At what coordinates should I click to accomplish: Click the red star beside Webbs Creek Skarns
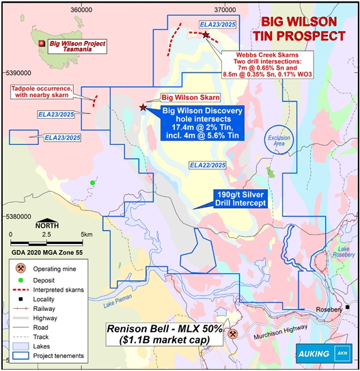coord(206,35)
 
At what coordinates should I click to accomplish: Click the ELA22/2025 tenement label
coord(208,165)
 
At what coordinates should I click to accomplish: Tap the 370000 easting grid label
coord(225,9)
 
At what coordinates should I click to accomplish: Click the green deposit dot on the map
coord(92,182)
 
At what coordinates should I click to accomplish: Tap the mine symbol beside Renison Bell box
coord(234,334)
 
